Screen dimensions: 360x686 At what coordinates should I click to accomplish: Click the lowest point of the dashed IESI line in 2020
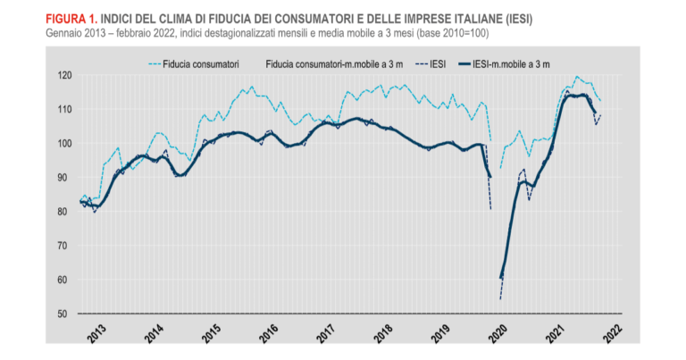coord(501,298)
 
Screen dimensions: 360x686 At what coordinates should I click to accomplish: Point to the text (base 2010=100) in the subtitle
coord(448,33)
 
